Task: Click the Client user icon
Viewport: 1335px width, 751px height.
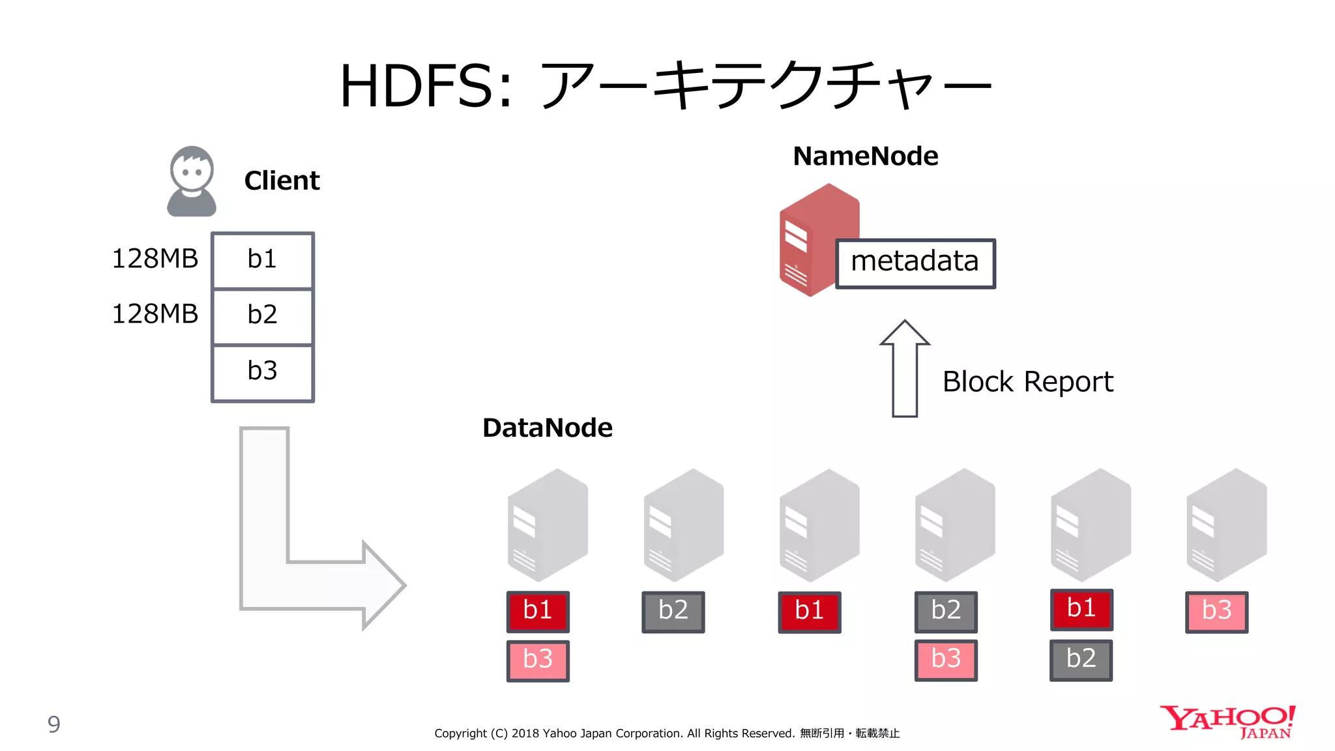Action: pyautogui.click(x=191, y=181)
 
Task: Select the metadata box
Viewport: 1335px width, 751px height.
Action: pyautogui.click(x=915, y=263)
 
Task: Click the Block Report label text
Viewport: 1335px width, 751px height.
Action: pyautogui.click(x=1027, y=382)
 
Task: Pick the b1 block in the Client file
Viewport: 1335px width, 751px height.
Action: pyautogui.click(x=263, y=260)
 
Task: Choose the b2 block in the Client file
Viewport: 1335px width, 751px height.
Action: pyautogui.click(x=263, y=316)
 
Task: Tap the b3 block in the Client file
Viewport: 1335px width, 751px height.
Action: pyautogui.click(x=263, y=372)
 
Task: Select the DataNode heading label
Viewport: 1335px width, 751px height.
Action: pyautogui.click(x=548, y=428)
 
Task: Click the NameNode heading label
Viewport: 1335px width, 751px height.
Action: pyautogui.click(x=865, y=156)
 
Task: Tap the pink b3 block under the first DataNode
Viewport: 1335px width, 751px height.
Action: pyautogui.click(x=538, y=660)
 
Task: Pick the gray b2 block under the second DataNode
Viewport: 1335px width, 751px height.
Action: pyautogui.click(x=673, y=611)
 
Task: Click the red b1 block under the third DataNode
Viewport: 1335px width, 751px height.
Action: pyautogui.click(x=809, y=611)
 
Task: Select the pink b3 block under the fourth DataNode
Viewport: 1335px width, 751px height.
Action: pyautogui.click(x=946, y=660)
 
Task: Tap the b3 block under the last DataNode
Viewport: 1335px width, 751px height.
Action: pyautogui.click(x=1216, y=611)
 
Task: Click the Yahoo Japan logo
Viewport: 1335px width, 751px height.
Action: pyautogui.click(x=1227, y=722)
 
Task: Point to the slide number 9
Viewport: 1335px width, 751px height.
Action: pyautogui.click(x=54, y=724)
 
